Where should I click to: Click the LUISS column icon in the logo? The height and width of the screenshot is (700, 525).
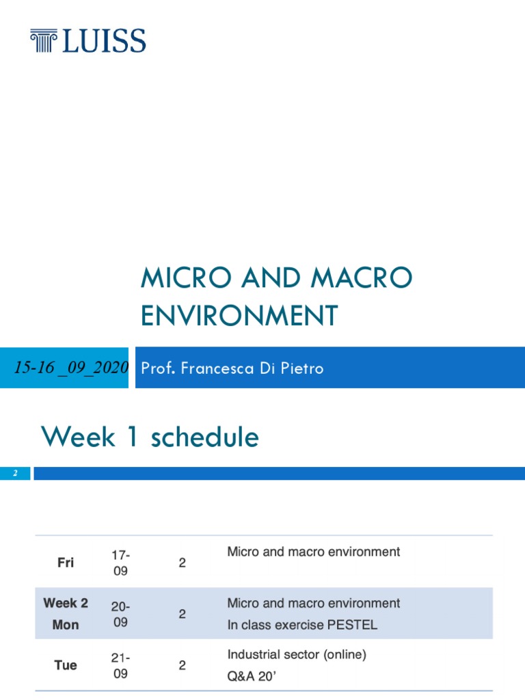point(45,41)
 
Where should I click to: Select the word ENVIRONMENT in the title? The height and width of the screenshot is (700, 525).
point(239,316)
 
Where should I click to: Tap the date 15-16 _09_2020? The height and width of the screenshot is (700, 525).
point(72,368)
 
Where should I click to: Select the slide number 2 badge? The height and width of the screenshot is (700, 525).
point(14,474)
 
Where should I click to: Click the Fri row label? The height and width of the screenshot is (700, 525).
point(66,563)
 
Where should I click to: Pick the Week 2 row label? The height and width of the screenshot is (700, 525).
point(66,603)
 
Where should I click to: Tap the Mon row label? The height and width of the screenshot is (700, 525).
point(66,625)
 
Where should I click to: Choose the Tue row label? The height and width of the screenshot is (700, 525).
point(66,665)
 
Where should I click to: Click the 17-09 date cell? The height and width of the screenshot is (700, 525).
point(120,563)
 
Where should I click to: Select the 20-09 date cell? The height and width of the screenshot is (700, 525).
point(120,614)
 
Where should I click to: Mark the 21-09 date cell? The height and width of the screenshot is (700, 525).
point(120,665)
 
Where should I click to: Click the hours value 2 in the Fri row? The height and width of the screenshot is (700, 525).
point(182,563)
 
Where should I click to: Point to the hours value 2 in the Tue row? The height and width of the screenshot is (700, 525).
point(182,665)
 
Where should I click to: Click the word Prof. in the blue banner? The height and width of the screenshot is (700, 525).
point(156,368)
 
